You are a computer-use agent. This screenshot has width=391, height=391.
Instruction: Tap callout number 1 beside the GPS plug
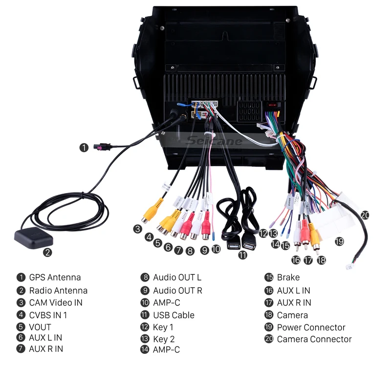click(85, 147)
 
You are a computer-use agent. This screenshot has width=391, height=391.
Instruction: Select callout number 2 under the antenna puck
click(47, 253)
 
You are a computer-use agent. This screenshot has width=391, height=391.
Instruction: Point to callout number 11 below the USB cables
click(243, 255)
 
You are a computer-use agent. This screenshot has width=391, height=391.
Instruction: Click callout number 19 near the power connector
click(339, 241)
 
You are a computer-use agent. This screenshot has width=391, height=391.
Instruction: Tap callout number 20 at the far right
click(365, 215)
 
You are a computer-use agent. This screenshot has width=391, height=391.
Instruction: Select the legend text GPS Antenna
click(55, 278)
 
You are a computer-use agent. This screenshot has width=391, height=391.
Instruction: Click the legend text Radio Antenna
click(58, 290)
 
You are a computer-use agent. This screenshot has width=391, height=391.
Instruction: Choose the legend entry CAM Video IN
click(56, 303)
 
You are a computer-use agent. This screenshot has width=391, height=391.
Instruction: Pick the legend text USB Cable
click(174, 315)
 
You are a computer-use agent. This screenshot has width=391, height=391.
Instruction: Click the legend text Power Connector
click(311, 327)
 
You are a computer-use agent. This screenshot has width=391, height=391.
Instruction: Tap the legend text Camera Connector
click(314, 339)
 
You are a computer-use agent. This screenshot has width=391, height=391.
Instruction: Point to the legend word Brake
click(288, 278)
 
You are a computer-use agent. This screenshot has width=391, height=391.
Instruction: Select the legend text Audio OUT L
click(177, 278)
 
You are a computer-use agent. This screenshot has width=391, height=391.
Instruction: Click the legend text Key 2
click(164, 339)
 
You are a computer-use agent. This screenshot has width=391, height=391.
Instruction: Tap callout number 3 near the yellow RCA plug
click(138, 229)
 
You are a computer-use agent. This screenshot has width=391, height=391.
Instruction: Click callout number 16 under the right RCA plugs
click(296, 260)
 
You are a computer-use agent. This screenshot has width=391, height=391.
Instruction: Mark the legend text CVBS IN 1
click(48, 315)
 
